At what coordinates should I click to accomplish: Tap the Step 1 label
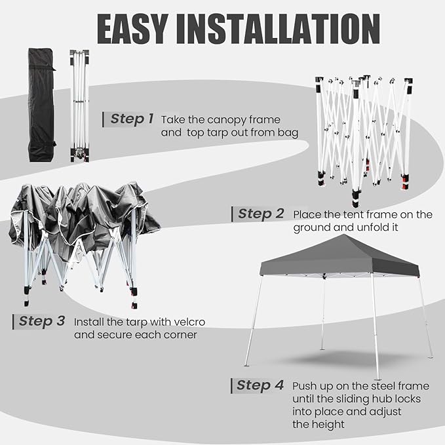tap(131, 119)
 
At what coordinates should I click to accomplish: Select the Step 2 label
tap(260, 214)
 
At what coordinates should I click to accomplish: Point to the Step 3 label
tap(41, 321)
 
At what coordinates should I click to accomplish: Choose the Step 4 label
tap(260, 385)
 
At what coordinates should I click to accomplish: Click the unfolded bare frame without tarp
tap(360, 138)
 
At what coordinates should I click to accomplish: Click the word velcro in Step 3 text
tap(182, 322)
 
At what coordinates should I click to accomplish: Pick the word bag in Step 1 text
tap(288, 132)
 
